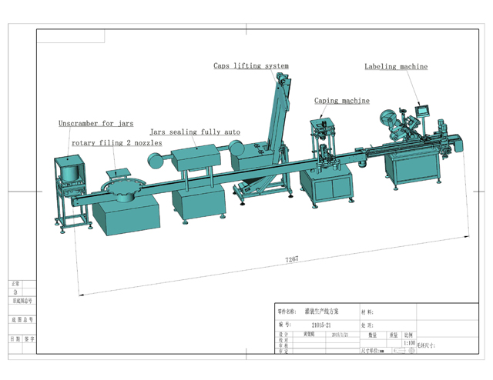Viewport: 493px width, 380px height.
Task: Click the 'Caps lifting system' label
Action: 251,66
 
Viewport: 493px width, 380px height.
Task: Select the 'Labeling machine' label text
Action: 396,67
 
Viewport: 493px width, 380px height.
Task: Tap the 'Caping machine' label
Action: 341,101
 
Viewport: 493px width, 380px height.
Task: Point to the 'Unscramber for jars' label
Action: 96,123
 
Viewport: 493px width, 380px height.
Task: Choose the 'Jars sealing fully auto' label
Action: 195,132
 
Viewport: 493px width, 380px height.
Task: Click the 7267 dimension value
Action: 293,260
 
